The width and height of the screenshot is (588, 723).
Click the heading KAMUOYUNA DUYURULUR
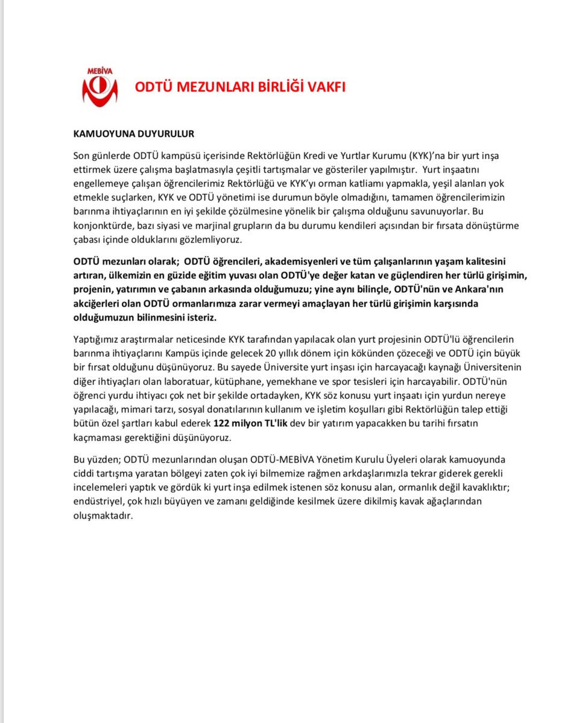click(134, 133)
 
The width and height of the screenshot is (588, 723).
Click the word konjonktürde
click(101, 226)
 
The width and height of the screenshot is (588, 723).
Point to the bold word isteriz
click(198, 317)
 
